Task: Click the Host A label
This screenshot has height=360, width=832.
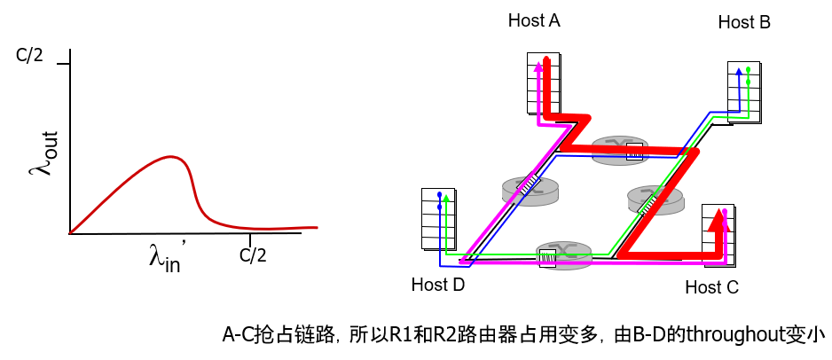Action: pyautogui.click(x=534, y=20)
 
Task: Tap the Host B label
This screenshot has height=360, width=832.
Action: pyautogui.click(x=744, y=21)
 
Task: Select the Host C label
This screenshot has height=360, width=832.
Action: pyautogui.click(x=711, y=287)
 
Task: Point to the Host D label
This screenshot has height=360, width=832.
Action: pyautogui.click(x=438, y=285)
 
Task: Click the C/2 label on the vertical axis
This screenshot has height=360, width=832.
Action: pyautogui.click(x=29, y=56)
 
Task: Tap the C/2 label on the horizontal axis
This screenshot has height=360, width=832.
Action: pyautogui.click(x=253, y=256)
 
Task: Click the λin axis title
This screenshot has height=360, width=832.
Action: pyautogui.click(x=165, y=258)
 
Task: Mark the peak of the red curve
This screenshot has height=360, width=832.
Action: pyautogui.click(x=170, y=157)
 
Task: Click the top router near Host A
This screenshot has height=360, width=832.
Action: pyautogui.click(x=619, y=149)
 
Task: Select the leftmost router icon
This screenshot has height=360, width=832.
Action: pyautogui.click(x=530, y=188)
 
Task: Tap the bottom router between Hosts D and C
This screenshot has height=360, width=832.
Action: pyautogui.click(x=564, y=254)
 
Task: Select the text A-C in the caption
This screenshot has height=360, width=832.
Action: pyautogui.click(x=237, y=335)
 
